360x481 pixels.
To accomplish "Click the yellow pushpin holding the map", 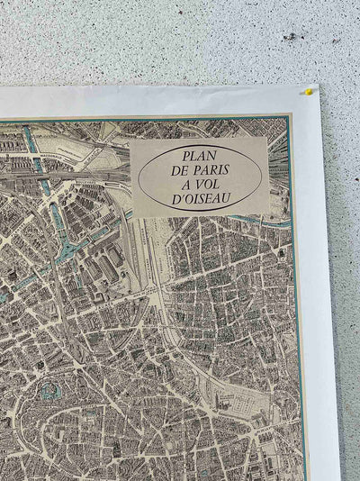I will [309, 91].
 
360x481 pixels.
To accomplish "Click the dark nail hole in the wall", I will [290, 36].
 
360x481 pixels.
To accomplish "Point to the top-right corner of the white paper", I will [319, 87].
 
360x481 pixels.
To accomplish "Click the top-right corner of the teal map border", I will [292, 115].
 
